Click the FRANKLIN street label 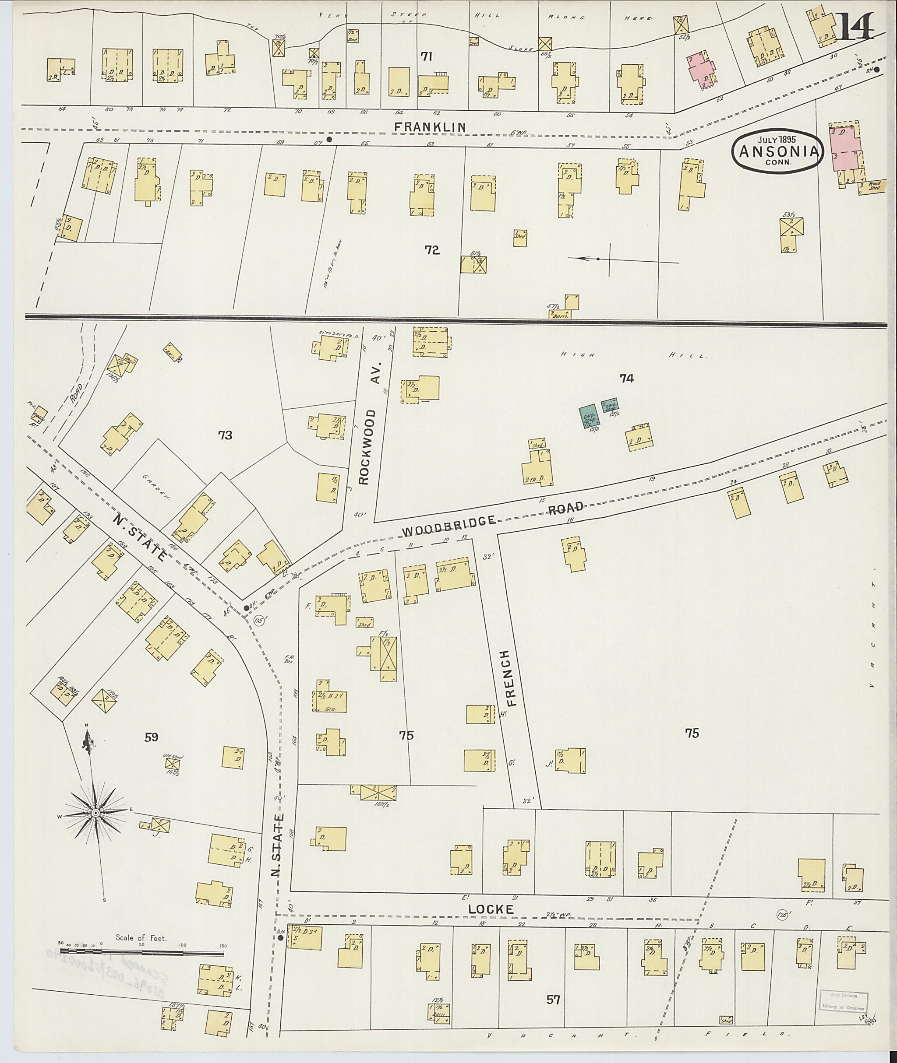430,127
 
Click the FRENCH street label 512,678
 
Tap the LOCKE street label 492,909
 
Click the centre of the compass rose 95,814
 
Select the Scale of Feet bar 142,949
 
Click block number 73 225,435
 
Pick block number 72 432,249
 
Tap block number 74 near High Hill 626,378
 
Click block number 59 151,737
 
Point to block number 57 553,1000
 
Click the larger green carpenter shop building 590,416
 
